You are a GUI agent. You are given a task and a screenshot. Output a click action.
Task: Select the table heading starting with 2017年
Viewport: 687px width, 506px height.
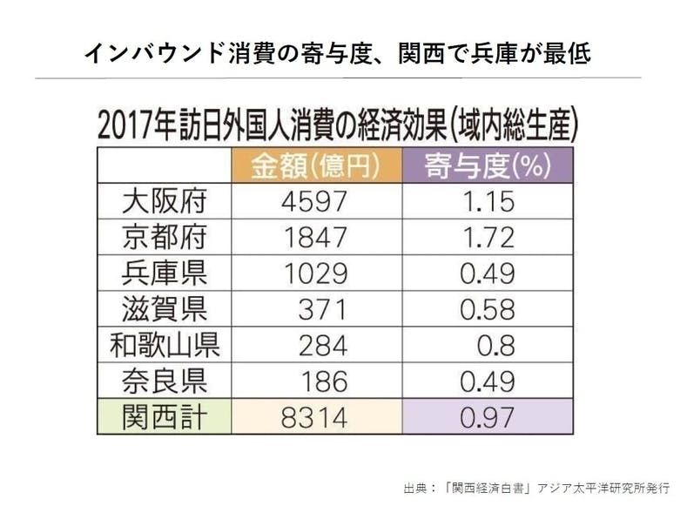click(x=338, y=125)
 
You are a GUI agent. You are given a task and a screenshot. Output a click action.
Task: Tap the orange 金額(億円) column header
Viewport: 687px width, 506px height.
click(x=315, y=165)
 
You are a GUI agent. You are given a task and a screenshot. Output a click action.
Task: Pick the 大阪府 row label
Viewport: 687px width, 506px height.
click(x=164, y=201)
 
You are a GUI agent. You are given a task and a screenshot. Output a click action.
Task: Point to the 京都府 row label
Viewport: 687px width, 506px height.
click(x=164, y=237)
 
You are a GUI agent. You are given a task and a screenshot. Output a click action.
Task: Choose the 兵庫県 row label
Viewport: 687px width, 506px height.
click(x=164, y=273)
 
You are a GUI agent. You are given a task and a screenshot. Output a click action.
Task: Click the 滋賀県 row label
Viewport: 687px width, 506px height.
click(x=164, y=309)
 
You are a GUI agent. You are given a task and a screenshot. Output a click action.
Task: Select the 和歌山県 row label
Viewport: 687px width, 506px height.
click(x=164, y=346)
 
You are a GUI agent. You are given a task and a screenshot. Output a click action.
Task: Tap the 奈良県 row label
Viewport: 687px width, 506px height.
click(x=164, y=381)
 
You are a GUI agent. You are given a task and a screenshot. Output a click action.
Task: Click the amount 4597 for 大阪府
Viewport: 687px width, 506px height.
click(x=314, y=201)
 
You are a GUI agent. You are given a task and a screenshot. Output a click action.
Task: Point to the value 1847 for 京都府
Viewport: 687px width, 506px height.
click(x=314, y=237)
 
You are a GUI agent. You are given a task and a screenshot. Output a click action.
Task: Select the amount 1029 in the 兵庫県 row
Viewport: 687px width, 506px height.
click(x=314, y=273)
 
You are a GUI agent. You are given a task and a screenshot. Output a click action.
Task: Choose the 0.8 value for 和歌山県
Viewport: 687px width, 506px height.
click(x=495, y=346)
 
